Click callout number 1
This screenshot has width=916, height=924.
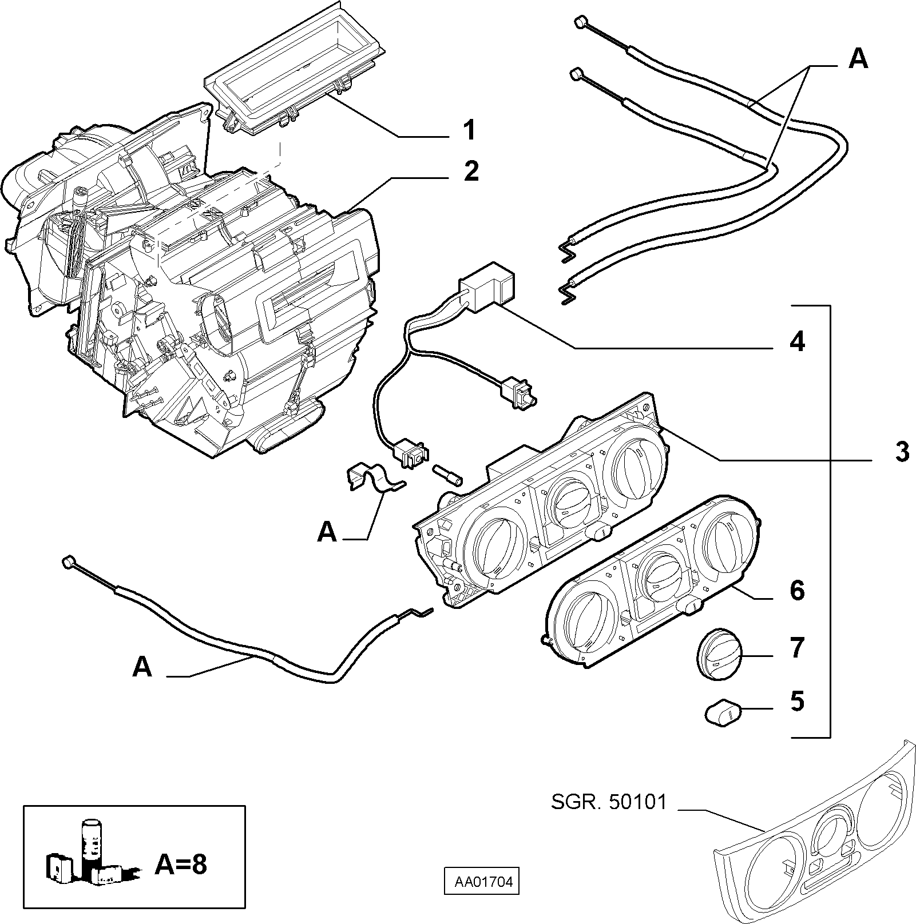click(x=469, y=130)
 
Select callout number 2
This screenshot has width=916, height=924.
click(x=471, y=171)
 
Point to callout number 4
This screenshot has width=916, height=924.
click(x=797, y=341)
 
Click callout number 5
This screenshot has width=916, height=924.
click(x=797, y=701)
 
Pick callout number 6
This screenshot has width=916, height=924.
click(x=797, y=590)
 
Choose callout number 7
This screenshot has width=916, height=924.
click(x=797, y=648)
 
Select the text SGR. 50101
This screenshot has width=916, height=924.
click(x=609, y=802)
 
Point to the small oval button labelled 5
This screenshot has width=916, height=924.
click(x=722, y=714)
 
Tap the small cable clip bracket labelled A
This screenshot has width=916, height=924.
click(x=374, y=476)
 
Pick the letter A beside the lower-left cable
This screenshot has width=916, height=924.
click(x=142, y=667)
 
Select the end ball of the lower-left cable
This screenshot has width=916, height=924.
click(x=69, y=563)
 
